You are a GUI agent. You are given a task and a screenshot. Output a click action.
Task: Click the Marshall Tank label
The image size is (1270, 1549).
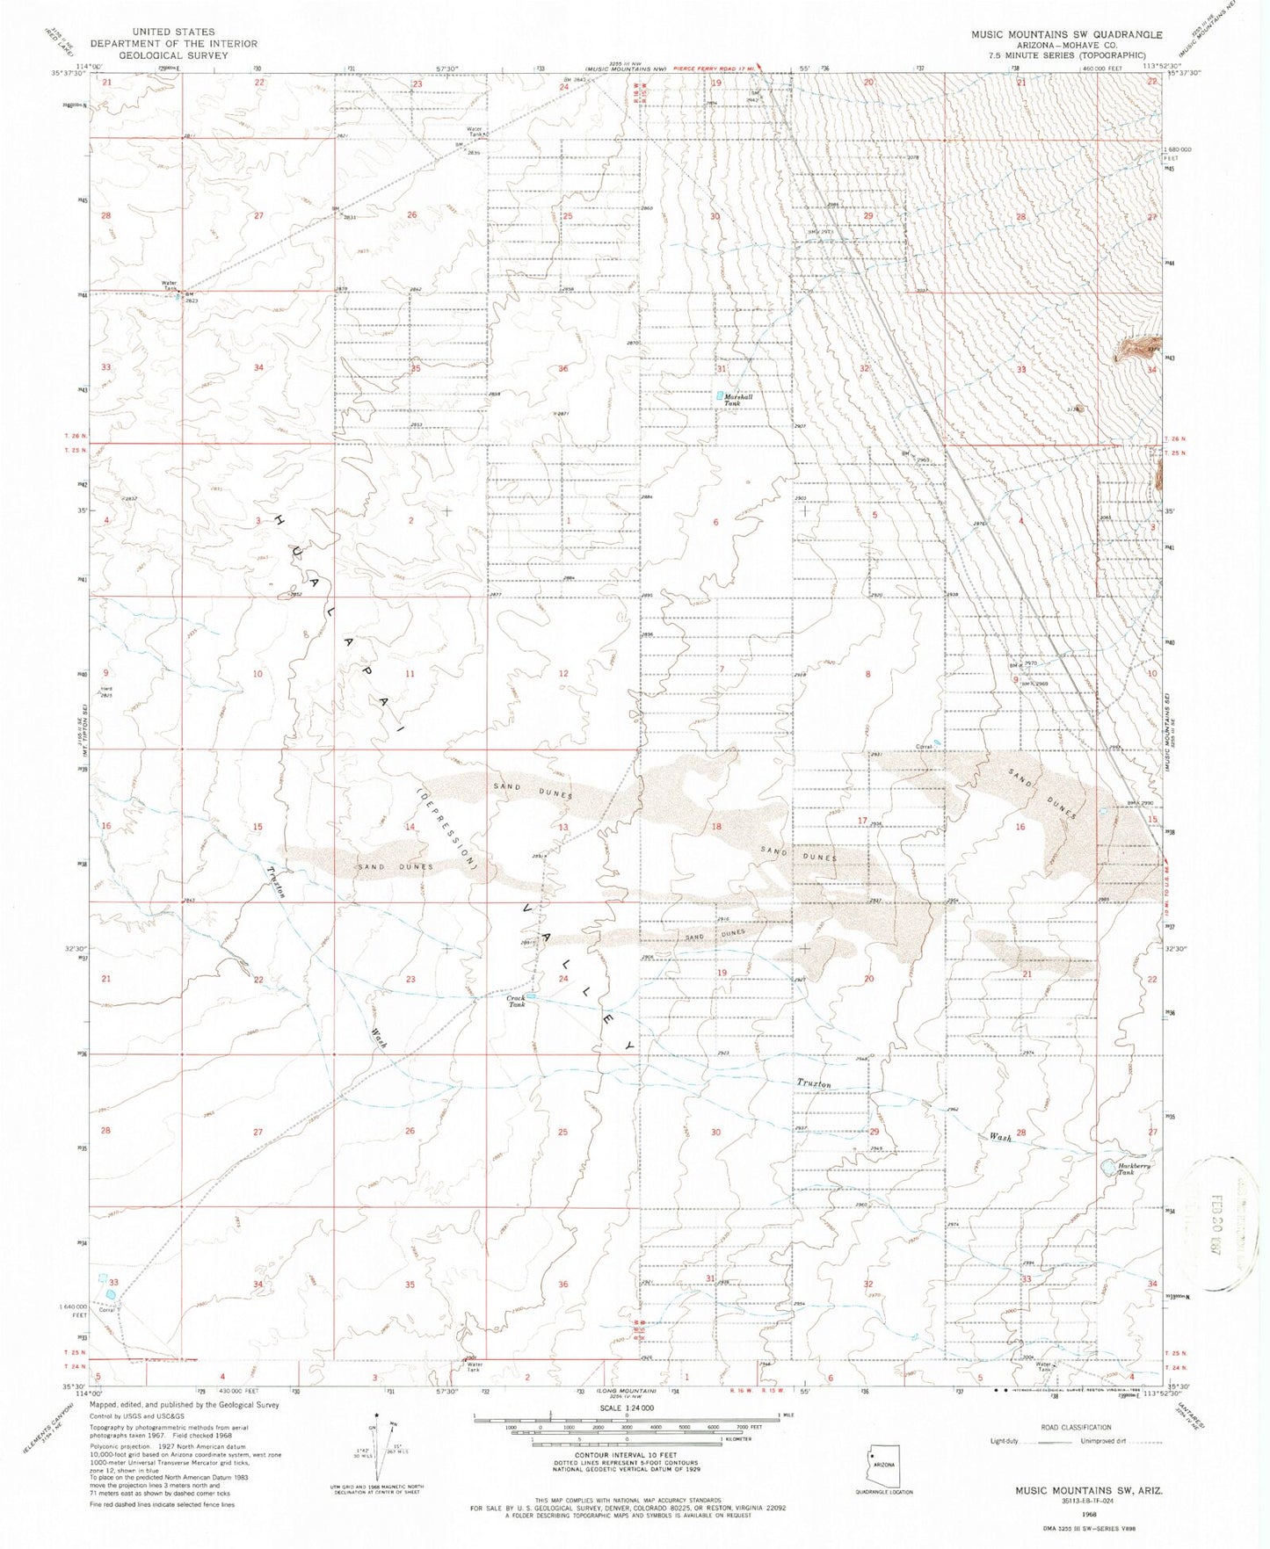[x=739, y=400]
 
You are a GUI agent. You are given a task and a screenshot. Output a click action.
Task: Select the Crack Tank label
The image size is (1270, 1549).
[x=516, y=1001]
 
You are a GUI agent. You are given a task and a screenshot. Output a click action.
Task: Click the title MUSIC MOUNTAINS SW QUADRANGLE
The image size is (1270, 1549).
[x=1066, y=35]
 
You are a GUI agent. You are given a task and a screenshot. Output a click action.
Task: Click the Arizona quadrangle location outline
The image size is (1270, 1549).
[x=883, y=1462]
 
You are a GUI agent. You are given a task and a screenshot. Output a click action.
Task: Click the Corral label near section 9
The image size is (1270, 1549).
[x=923, y=747]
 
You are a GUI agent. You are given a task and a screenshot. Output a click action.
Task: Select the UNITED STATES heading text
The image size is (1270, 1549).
[x=174, y=32]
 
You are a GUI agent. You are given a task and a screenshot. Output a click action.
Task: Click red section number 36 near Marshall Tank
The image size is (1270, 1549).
[x=562, y=369]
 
